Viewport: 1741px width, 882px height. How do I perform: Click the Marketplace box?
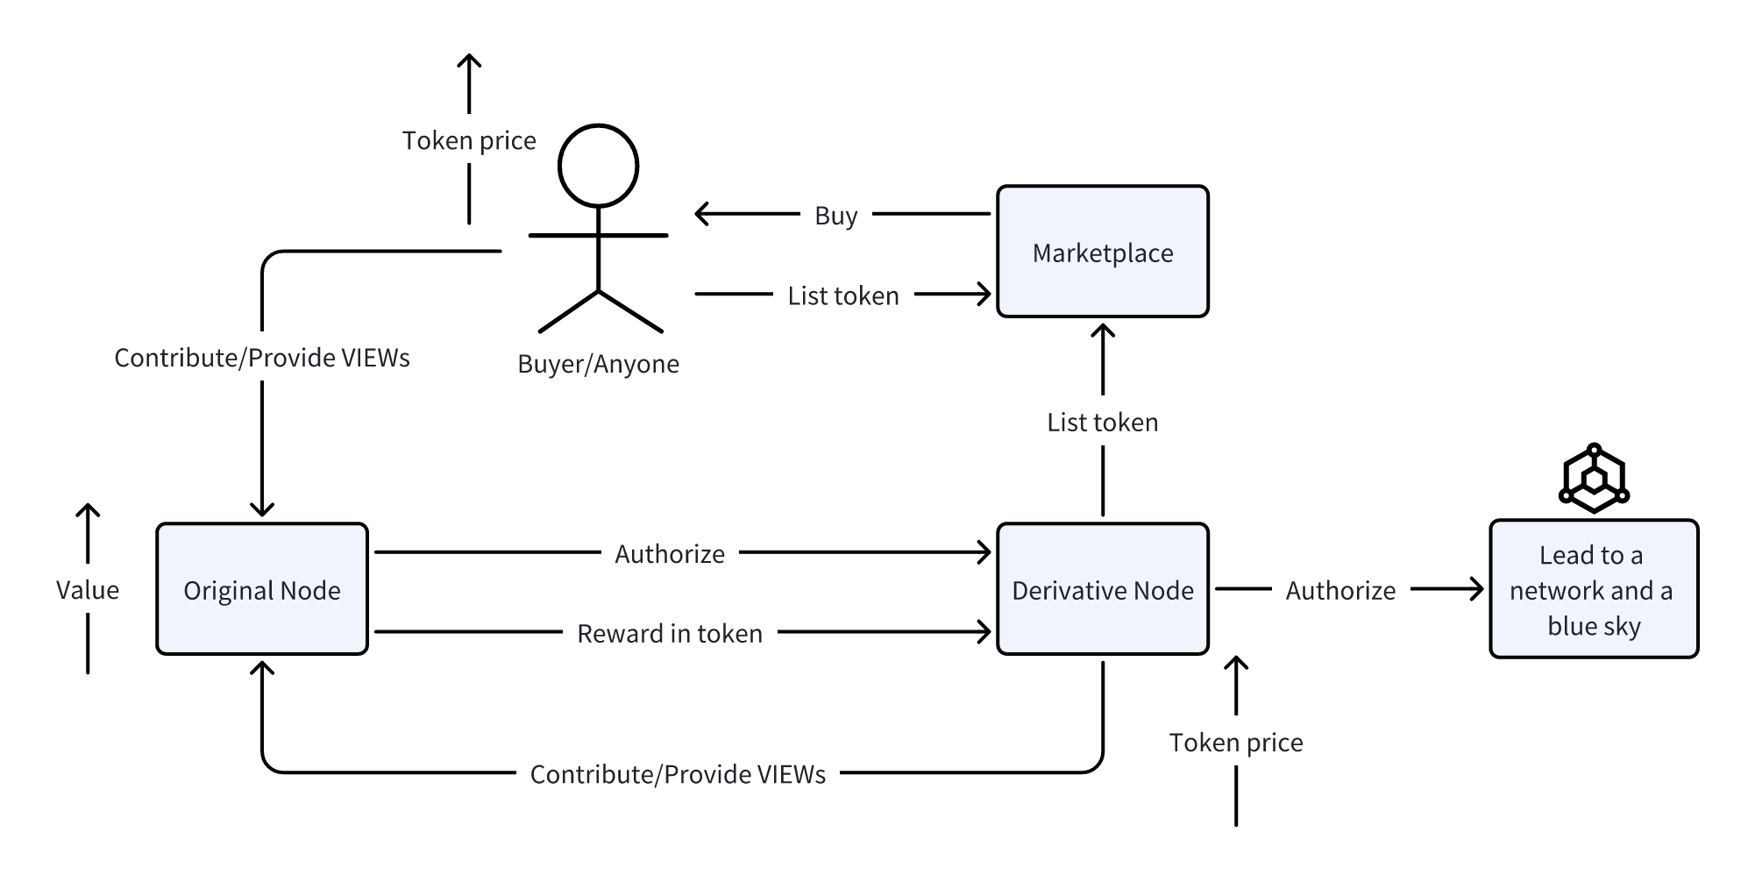pos(1102,252)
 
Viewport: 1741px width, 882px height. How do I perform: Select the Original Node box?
pos(261,589)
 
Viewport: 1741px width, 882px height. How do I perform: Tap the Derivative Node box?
pos(1102,589)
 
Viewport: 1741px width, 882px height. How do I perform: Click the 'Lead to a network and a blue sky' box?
pos(1593,589)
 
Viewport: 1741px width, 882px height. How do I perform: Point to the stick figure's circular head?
pos(598,166)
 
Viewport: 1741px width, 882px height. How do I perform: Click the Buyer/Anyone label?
pos(598,364)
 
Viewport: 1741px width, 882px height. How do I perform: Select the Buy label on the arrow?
pos(835,215)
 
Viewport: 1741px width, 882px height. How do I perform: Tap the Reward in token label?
pos(669,633)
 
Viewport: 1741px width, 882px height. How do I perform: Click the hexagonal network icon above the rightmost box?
pos(1594,479)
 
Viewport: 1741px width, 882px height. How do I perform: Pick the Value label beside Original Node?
pos(88,589)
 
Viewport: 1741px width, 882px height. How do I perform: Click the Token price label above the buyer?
pos(469,140)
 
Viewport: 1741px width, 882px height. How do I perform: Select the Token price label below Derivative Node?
pos(1235,743)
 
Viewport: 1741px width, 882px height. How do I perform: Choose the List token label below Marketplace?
pos(1102,422)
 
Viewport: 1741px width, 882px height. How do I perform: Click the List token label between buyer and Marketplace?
pos(842,295)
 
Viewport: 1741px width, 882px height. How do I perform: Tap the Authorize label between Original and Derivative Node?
pos(669,553)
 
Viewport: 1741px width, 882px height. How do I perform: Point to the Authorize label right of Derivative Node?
pos(1340,590)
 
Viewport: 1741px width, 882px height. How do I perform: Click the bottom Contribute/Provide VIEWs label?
pos(678,774)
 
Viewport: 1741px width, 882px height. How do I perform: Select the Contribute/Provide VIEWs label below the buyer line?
pos(261,357)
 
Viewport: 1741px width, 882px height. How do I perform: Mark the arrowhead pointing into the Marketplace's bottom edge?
pos(1102,331)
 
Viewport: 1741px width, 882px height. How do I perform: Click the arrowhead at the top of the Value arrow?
pos(88,510)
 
